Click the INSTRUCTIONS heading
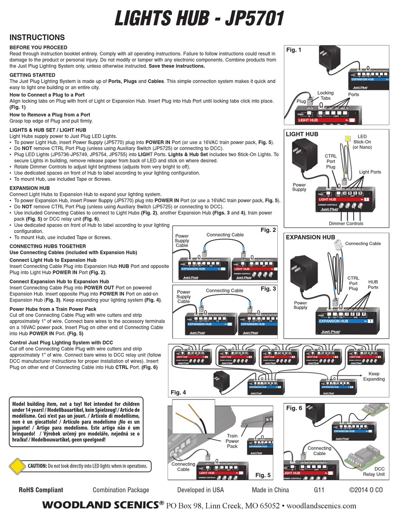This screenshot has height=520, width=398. pyautogui.click(x=37, y=38)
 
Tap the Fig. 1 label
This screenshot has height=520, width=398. pyautogui.click(x=294, y=50)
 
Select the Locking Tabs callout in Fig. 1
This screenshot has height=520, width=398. pyautogui.click(x=325, y=95)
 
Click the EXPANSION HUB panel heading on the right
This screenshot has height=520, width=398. pyautogui.click(x=310, y=237)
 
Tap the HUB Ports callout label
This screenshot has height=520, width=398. pyautogui.click(x=373, y=285)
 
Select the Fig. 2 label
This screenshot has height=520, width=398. pyautogui.click(x=268, y=230)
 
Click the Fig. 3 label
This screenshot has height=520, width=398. pyautogui.click(x=268, y=289)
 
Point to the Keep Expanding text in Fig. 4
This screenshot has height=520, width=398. pyautogui.click(x=374, y=376)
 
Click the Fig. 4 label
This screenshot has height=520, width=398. pyautogui.click(x=178, y=392)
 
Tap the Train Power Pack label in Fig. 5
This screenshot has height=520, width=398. pyautogui.click(x=232, y=441)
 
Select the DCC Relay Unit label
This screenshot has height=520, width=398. pyautogui.click(x=374, y=471)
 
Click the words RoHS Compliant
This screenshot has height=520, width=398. pyautogui.click(x=41, y=490)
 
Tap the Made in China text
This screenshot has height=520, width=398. pyautogui.click(x=270, y=490)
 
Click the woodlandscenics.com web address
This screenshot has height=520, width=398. pyautogui.click(x=321, y=505)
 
